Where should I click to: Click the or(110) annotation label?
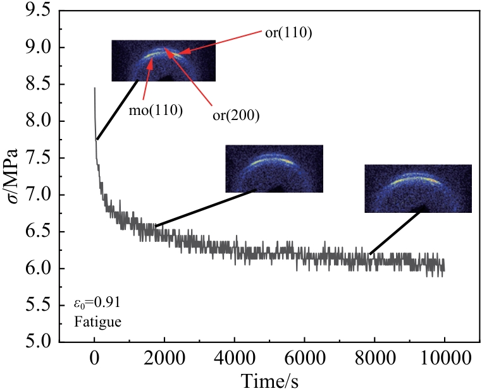coord(287,32)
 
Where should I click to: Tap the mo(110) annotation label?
coord(161,112)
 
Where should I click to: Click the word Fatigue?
coord(94,322)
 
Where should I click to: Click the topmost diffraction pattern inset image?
coord(163,61)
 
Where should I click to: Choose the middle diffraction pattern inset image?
coord(274,169)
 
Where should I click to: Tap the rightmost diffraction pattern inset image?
coord(418,188)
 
